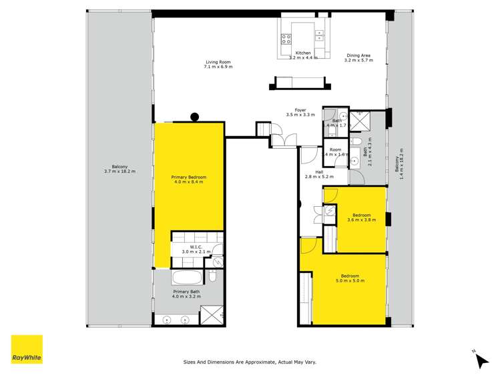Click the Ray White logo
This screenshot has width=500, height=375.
point(27,350)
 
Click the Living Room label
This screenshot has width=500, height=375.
point(218,65)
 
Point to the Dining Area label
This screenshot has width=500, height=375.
point(358,57)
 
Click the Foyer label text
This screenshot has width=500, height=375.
point(300,112)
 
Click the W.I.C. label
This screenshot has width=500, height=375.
point(196,249)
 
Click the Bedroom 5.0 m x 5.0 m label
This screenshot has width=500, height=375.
point(350,278)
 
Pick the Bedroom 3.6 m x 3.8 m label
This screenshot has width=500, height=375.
point(361,217)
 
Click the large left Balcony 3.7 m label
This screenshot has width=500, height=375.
point(119,169)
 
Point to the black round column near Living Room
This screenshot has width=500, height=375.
point(195,117)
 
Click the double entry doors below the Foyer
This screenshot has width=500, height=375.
point(283,139)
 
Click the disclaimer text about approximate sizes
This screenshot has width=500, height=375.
point(250,362)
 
